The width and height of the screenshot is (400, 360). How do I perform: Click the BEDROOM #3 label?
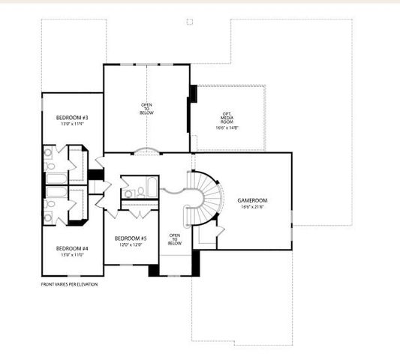72,118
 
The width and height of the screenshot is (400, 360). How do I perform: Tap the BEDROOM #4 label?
72,248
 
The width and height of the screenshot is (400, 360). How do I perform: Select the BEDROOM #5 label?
131,238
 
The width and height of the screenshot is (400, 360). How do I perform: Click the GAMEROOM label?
253,200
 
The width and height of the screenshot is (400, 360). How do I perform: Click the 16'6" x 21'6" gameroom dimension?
254,207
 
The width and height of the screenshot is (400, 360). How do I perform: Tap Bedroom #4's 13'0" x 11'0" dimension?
72,255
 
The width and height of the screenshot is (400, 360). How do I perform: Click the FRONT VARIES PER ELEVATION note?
69,284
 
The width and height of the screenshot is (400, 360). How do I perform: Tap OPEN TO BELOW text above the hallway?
147,109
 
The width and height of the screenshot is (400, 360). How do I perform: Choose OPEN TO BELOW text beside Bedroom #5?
174,239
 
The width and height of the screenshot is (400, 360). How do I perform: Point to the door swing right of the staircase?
218,231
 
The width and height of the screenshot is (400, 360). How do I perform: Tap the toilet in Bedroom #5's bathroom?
128,193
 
